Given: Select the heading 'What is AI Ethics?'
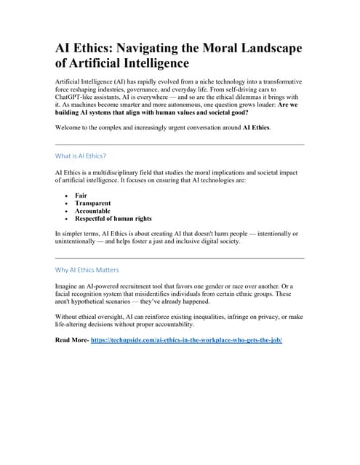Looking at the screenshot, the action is click(81, 155).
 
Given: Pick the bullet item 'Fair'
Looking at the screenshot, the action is click(81, 195).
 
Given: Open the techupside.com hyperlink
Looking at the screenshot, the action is click(186, 339).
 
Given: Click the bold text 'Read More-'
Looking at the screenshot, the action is click(72, 339).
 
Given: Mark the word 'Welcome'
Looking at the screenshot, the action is click(70, 128).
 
